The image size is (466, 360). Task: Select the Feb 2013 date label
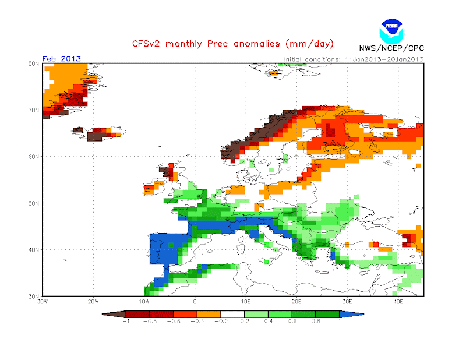pos(62,58)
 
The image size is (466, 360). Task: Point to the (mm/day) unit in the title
pos(307,44)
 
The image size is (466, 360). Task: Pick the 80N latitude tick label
pos(34,63)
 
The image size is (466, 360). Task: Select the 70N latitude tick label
pos(34,110)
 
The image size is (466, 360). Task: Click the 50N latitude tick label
pos(34,203)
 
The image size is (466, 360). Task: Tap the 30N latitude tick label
pos(34,297)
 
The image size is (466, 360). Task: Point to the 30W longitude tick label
pos(42,302)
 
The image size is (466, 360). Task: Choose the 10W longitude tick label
pos(144,302)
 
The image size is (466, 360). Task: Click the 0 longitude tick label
pos(195,302)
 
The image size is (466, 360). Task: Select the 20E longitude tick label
pos(296,302)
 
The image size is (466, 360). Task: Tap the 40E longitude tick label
pos(398,302)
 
